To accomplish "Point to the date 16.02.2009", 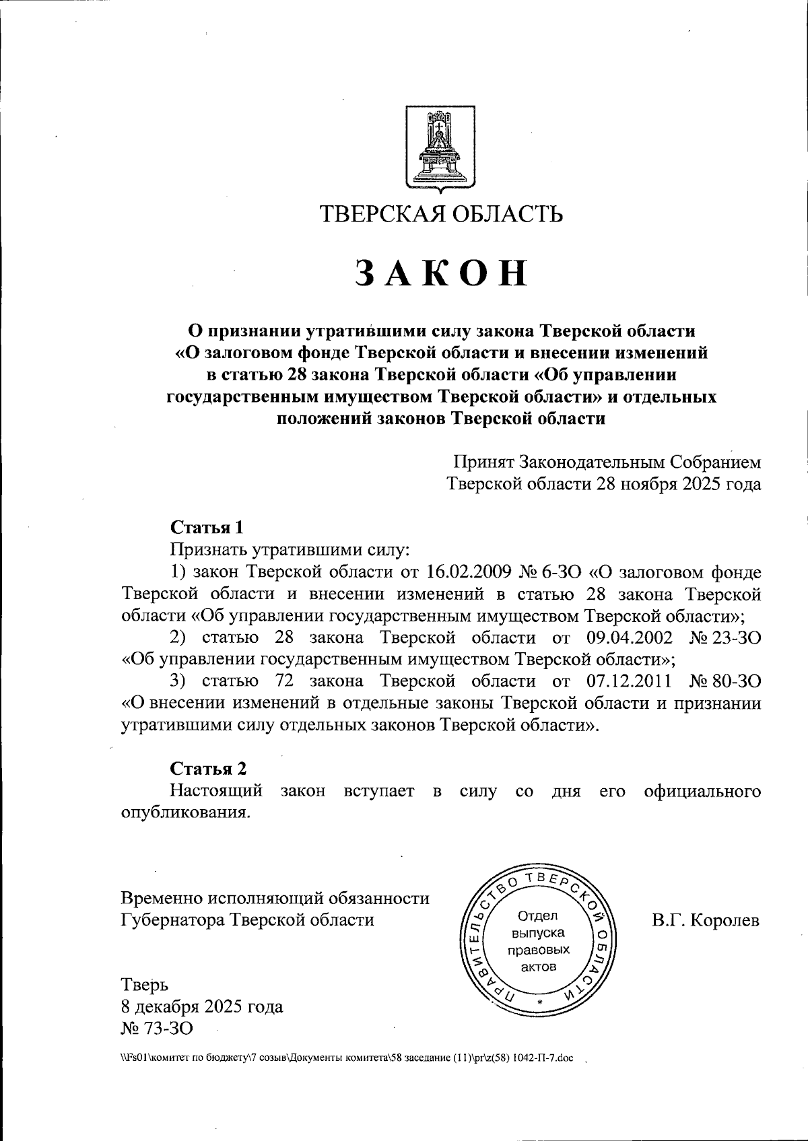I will click(x=469, y=572).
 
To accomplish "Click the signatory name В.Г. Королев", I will click(x=705, y=920).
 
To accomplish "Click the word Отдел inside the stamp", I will click(x=537, y=915).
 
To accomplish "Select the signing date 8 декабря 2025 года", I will click(x=201, y=1006).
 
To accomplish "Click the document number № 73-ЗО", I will click(x=156, y=1028).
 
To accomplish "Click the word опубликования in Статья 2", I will click(x=185, y=812).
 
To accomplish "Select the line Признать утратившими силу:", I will click(x=290, y=549).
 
